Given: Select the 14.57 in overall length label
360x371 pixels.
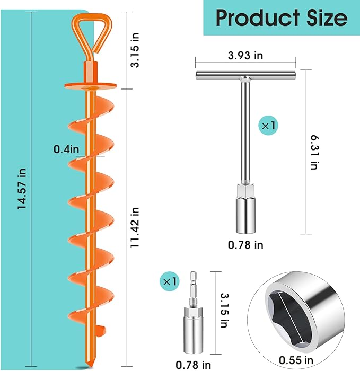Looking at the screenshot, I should (x=22, y=190).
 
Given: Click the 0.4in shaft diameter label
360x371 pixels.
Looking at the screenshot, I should (x=66, y=149).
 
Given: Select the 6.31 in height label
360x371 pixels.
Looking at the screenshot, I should (x=314, y=151).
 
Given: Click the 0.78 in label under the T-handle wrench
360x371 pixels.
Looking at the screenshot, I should (x=245, y=244).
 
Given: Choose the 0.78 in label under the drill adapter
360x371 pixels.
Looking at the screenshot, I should (x=193, y=364).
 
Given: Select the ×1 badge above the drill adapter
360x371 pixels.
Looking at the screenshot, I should (x=170, y=279).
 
